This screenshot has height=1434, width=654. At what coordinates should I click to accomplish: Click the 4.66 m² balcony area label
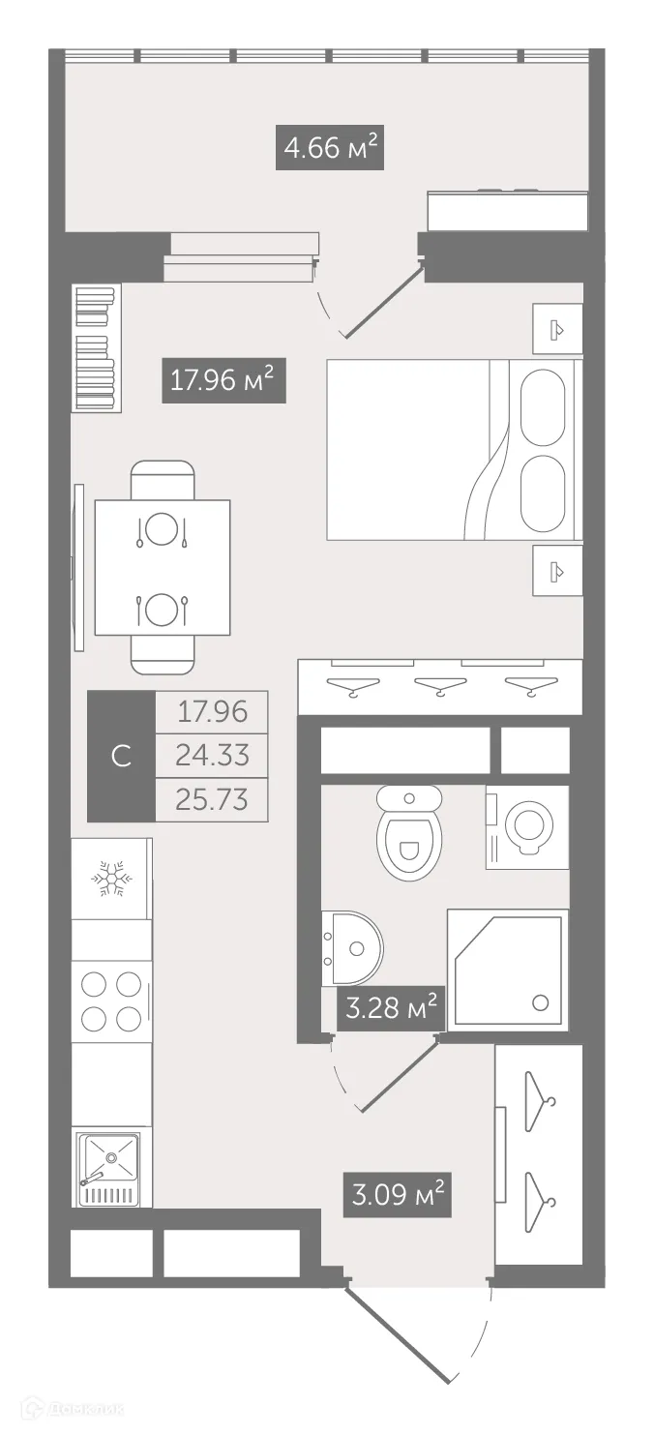(x=329, y=149)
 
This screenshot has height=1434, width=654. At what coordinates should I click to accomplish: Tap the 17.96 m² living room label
(x=223, y=378)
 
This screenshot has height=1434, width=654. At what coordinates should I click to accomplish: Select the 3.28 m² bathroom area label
(x=390, y=1010)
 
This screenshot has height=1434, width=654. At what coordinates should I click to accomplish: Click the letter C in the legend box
(x=122, y=756)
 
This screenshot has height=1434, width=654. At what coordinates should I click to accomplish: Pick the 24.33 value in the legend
(x=211, y=755)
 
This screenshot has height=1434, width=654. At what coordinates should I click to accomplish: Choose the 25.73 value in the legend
(x=211, y=799)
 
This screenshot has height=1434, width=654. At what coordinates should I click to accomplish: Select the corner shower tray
(x=509, y=970)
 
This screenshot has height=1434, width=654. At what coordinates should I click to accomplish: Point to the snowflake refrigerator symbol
(x=111, y=878)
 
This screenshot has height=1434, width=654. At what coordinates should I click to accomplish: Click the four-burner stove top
(x=111, y=1001)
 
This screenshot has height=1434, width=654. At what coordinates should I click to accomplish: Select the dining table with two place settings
(x=162, y=568)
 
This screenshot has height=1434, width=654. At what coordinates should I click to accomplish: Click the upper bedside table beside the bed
(x=557, y=329)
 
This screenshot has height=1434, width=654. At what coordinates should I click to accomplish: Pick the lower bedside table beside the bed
(x=557, y=572)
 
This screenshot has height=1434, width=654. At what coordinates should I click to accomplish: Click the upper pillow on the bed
(x=542, y=407)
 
